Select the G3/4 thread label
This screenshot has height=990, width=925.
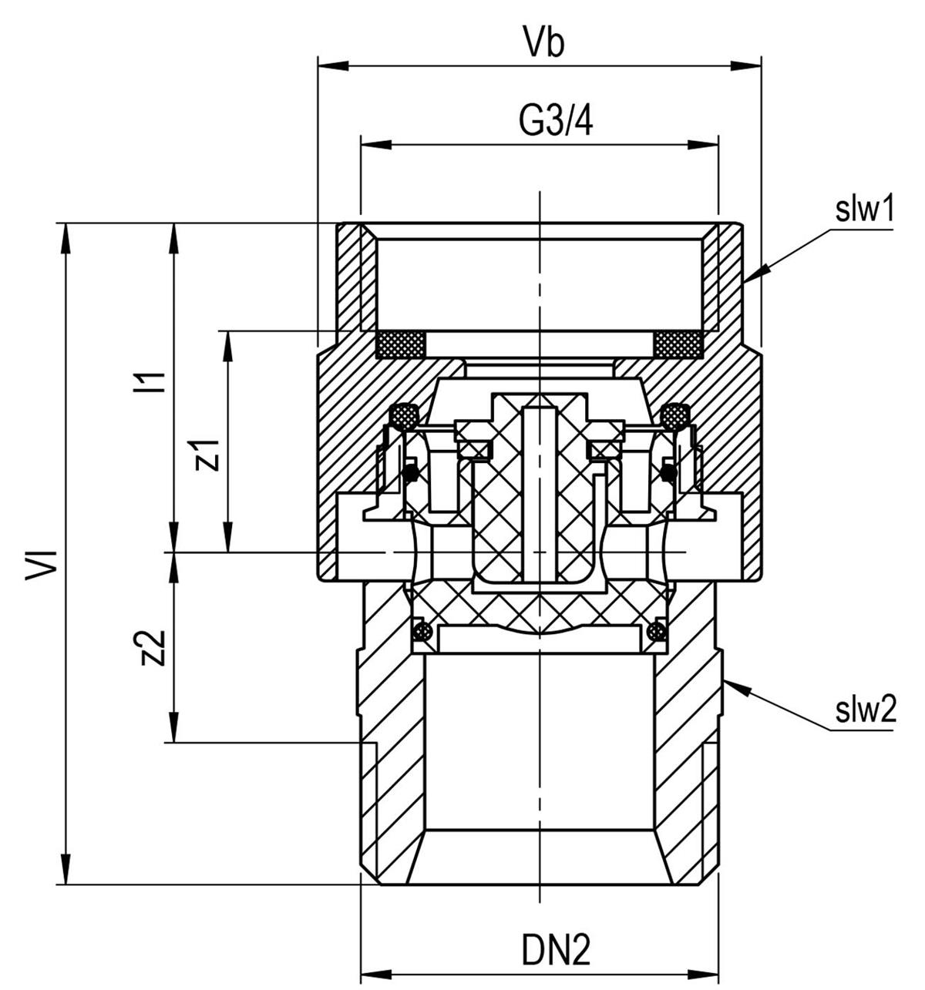tap(555, 122)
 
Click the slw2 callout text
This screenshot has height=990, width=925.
tap(866, 710)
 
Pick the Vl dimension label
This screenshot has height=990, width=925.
tap(43, 565)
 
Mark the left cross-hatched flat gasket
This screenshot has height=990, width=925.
tap(400, 344)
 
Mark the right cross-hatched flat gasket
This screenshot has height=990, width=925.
tap(678, 344)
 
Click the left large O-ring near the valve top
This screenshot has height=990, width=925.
tap(403, 416)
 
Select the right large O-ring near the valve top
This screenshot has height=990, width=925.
tap(675, 416)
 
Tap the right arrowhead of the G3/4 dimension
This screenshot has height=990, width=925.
tap(704, 145)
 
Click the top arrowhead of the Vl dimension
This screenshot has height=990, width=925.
tap(66, 238)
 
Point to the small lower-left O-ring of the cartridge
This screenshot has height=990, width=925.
tap(422, 631)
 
